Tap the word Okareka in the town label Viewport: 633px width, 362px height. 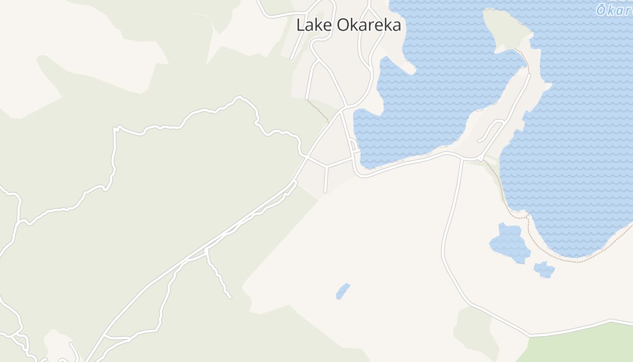tap(369, 25)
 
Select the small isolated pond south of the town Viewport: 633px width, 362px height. tap(343, 291)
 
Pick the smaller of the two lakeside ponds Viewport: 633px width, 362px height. tap(544, 270)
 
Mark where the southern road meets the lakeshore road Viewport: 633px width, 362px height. tap(462, 159)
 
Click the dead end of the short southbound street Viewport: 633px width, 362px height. tap(325, 192)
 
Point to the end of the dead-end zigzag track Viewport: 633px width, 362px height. tap(230, 297)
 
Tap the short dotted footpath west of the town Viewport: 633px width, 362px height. tap(318, 110)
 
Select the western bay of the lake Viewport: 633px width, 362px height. tap(407, 113)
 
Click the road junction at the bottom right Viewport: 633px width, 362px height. tap(530, 336)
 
